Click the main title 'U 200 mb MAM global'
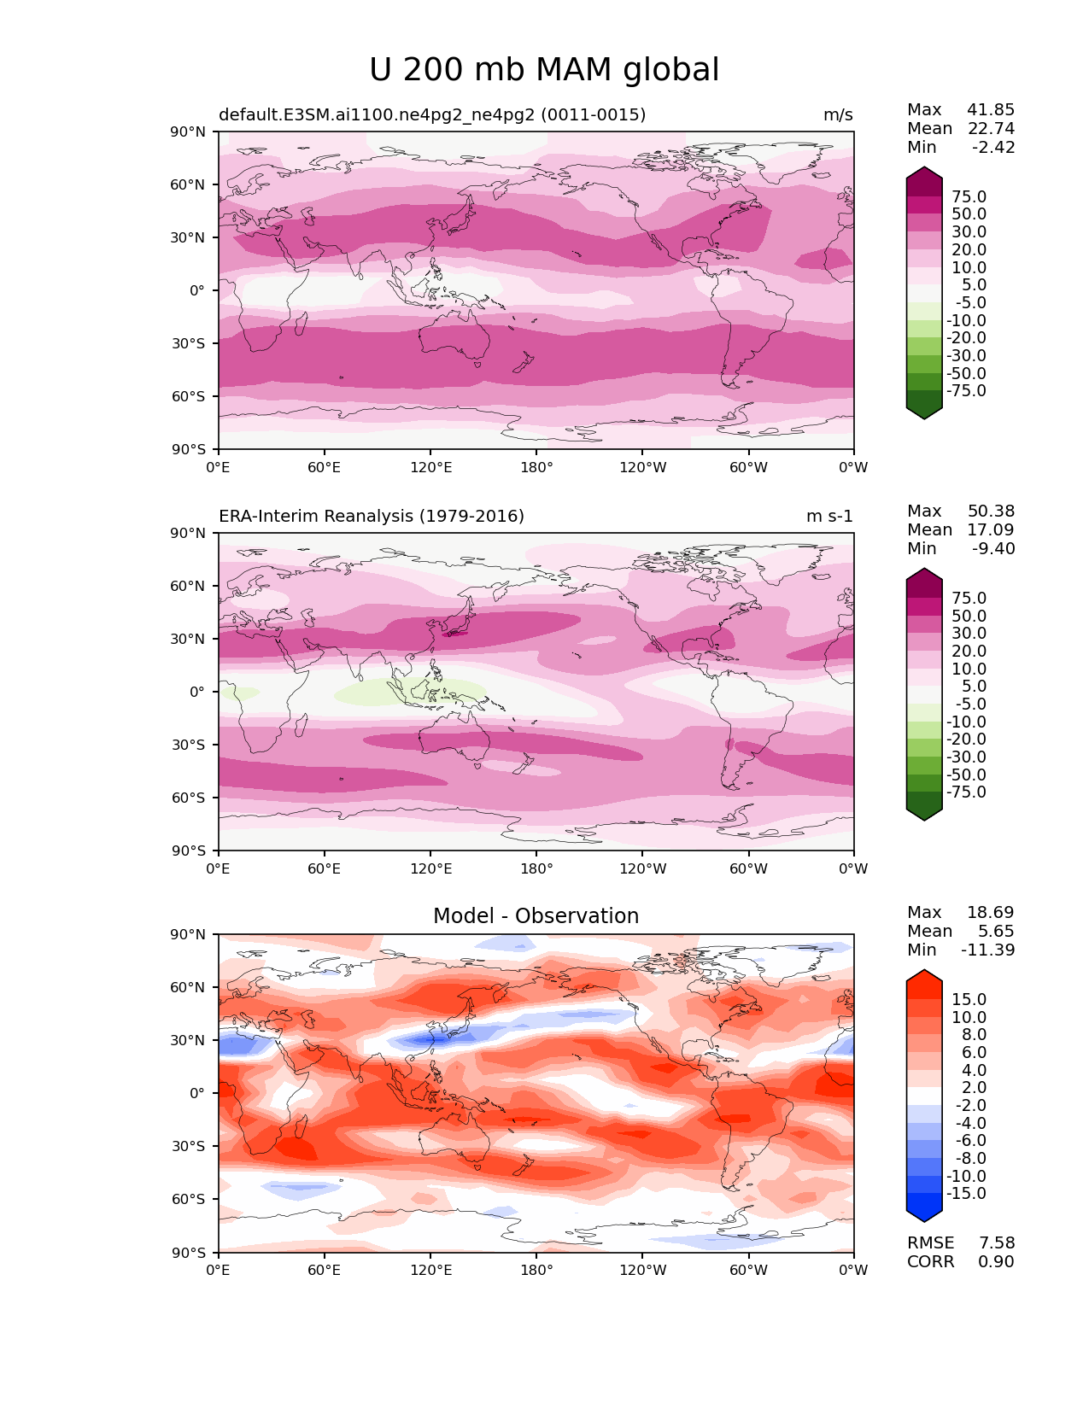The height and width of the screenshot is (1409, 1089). (x=544, y=70)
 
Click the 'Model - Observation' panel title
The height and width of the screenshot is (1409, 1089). (x=536, y=916)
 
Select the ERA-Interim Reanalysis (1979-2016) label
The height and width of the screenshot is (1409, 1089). (x=372, y=517)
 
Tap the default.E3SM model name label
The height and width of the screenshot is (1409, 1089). (x=432, y=115)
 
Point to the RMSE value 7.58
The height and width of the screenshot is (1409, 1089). (x=996, y=1243)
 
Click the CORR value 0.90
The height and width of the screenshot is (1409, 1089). (x=996, y=1262)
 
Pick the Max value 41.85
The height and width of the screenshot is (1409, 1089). (x=991, y=110)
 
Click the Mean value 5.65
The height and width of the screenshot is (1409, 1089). (x=996, y=932)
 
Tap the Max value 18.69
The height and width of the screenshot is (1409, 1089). (x=991, y=913)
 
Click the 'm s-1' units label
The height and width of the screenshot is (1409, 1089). (x=829, y=517)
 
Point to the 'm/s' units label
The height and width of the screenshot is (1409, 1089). (x=838, y=115)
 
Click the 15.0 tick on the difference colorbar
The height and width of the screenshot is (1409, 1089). (x=969, y=1000)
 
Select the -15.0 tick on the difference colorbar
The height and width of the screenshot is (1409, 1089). (x=966, y=1194)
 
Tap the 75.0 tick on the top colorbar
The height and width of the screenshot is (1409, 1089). (x=969, y=197)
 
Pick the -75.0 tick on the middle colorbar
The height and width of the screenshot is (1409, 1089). (x=966, y=792)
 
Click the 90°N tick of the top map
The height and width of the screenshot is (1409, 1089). (x=189, y=132)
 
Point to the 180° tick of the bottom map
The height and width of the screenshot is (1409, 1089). (x=536, y=1271)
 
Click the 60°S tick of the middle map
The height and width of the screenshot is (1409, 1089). (x=189, y=798)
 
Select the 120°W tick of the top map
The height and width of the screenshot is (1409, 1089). (x=642, y=468)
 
